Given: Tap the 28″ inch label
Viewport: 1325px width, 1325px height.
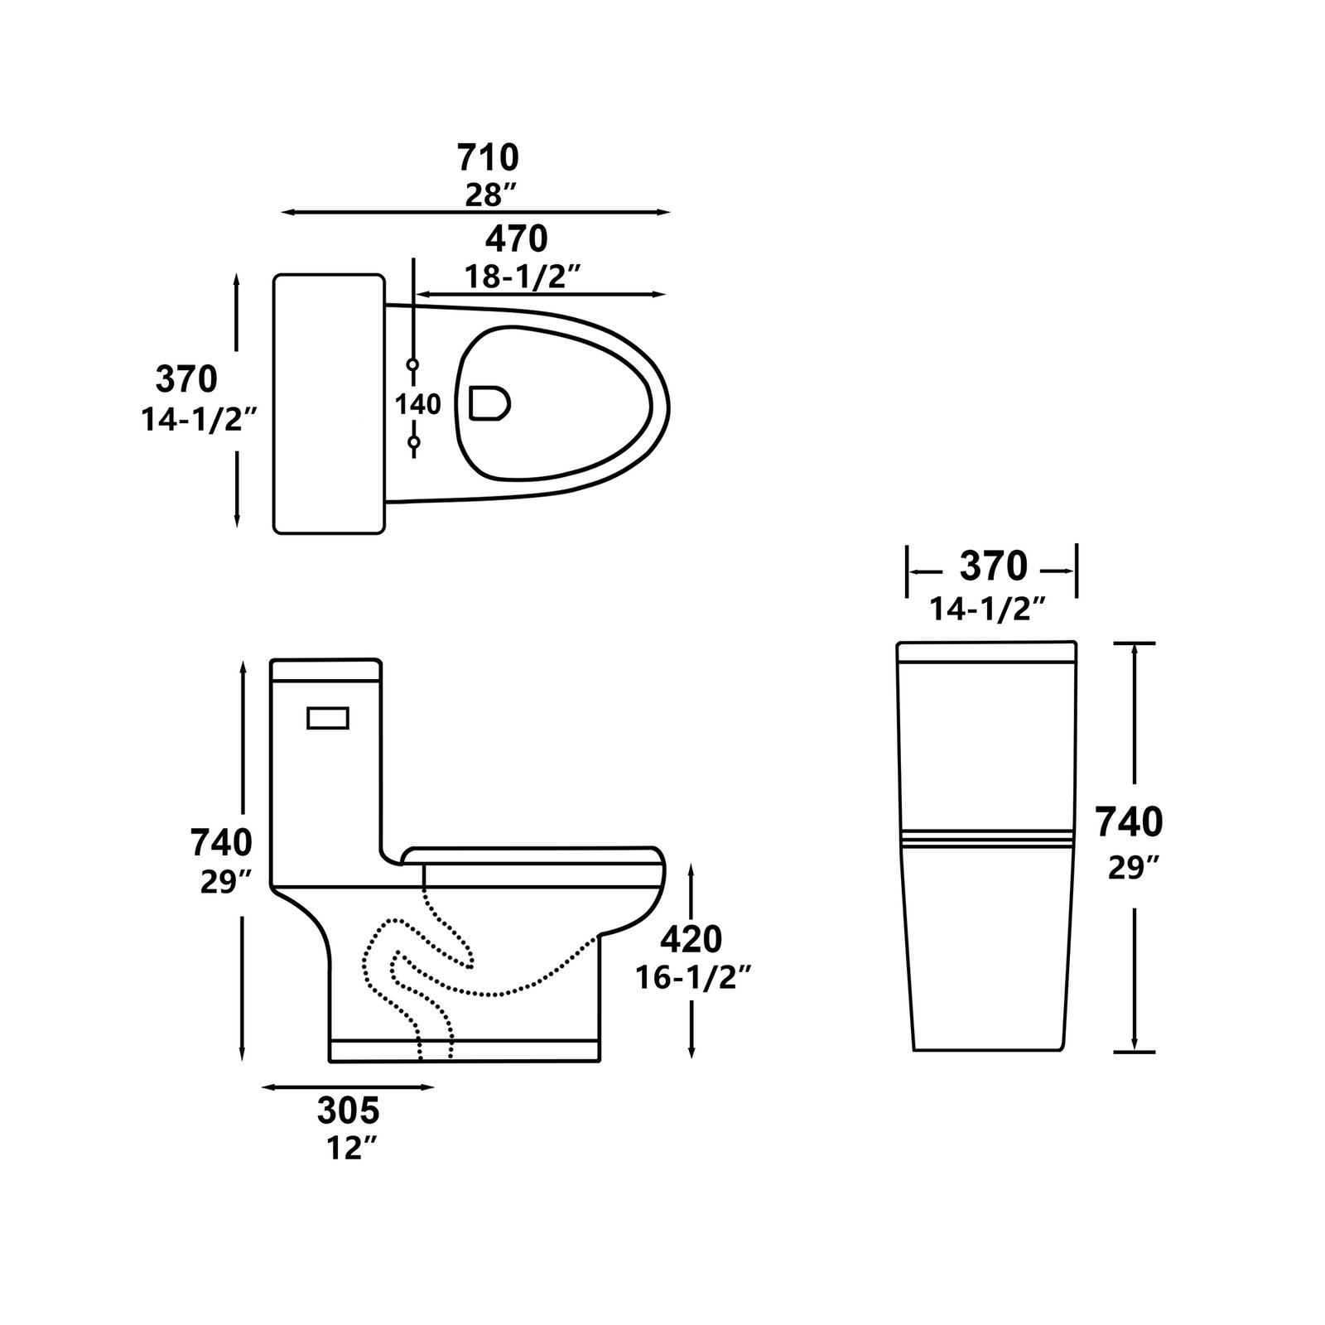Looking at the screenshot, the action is click(x=491, y=195).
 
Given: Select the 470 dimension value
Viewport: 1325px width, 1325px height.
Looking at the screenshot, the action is click(x=517, y=238).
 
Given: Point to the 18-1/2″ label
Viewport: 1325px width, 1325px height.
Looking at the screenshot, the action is click(x=520, y=277).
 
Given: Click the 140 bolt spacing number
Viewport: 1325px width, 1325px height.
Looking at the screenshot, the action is click(x=417, y=404).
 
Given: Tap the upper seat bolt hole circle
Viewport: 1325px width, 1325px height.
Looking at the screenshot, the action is click(x=414, y=364).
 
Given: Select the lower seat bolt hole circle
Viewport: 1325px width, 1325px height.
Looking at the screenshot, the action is click(x=414, y=443).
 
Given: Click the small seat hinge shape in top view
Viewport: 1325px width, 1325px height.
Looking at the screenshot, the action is click(x=489, y=403).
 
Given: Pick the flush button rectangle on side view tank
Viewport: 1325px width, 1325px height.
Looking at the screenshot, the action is click(x=329, y=718).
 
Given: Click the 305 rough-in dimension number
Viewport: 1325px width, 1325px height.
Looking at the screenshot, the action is click(x=349, y=1109).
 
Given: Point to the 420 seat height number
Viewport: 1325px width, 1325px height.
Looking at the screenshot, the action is click(x=691, y=939).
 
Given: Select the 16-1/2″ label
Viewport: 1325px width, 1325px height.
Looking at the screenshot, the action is click(x=694, y=978).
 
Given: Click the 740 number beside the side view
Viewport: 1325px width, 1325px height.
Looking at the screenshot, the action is click(x=221, y=842).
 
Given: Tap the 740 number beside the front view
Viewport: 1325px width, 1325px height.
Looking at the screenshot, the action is click(x=1130, y=822).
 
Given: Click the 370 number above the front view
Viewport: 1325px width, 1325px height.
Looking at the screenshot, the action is click(x=994, y=567).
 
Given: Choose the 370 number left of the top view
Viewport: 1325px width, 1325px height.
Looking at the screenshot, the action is click(x=187, y=379).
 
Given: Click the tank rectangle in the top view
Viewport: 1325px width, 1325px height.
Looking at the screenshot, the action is click(x=330, y=403).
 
